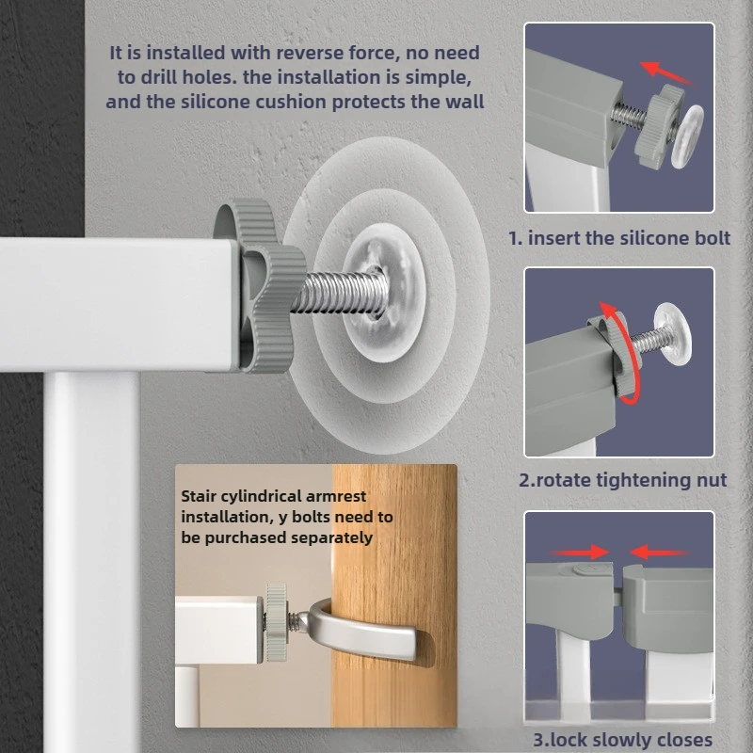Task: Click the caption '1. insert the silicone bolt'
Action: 619,238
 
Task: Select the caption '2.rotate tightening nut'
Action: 622,480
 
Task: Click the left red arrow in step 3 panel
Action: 577,552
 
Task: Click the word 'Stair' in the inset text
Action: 202,496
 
